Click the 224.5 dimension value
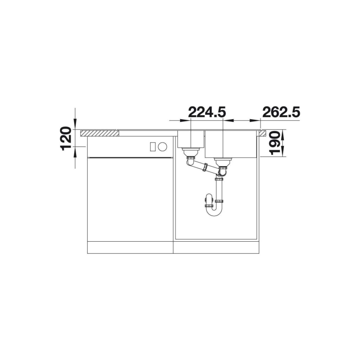click(x=207, y=112)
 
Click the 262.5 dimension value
click(x=280, y=112)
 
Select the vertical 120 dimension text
click(x=66, y=139)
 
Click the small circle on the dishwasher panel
click(x=162, y=146)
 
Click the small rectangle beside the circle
click(x=153, y=146)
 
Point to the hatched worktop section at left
click(x=99, y=133)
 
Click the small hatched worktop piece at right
click(x=263, y=133)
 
